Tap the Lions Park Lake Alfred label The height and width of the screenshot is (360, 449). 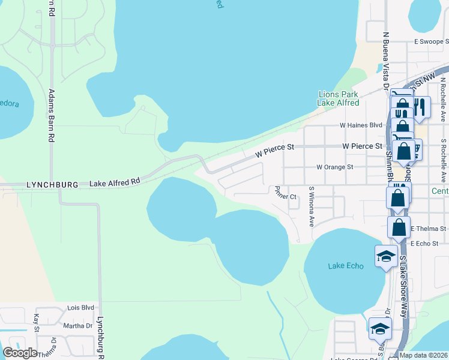click(338, 98)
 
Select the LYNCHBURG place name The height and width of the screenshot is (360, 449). click(53, 185)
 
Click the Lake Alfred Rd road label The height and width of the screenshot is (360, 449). click(115, 181)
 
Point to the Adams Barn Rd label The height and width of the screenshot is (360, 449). click(51, 115)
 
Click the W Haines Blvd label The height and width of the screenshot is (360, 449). click(361, 125)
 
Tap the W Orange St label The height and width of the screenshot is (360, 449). click(334, 167)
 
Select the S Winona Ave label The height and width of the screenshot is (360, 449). click(312, 206)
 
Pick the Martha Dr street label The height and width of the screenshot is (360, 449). click(77, 325)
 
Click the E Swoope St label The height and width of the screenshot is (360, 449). click(431, 42)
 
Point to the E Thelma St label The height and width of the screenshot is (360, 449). click(429, 229)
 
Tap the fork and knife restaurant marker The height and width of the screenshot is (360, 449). click(420, 107)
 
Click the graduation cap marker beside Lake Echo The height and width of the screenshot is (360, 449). click(385, 256)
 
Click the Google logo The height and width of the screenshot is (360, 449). click(20, 353)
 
